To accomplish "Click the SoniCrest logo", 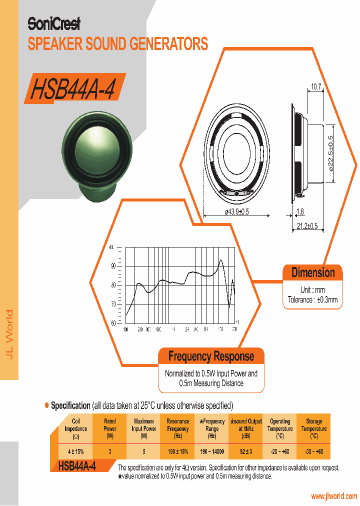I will pyautogui.click(x=53, y=23).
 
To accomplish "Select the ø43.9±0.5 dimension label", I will pyautogui.click(x=237, y=212).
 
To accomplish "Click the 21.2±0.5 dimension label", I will pyautogui.click(x=307, y=226).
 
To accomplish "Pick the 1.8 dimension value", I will pyautogui.click(x=300, y=211).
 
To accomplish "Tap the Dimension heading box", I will pyautogui.click(x=313, y=273).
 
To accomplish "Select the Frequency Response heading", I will pyautogui.click(x=211, y=356).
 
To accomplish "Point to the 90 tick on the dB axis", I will pyautogui.click(x=113, y=266).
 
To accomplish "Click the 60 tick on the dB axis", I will pyautogui.click(x=113, y=323).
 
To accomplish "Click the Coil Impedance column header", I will pyautogui.click(x=76, y=428).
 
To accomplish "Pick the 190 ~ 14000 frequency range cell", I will pyautogui.click(x=212, y=451).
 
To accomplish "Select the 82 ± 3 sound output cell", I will pyautogui.click(x=245, y=451).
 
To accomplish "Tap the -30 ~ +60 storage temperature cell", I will pyautogui.click(x=313, y=451).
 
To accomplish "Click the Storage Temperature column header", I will pyautogui.click(x=313, y=428).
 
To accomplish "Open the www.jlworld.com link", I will pyautogui.click(x=333, y=496).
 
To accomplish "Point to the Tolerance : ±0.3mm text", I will pyautogui.click(x=313, y=300).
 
